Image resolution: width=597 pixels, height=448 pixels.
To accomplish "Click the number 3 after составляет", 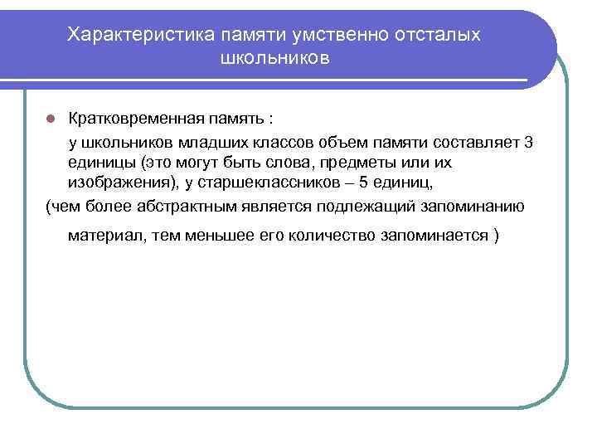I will point(530,142).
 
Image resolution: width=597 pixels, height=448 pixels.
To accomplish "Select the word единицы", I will point(99,162).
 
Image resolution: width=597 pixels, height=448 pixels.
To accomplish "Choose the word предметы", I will point(342,162).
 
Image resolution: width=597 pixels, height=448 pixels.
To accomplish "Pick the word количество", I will point(328,235).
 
